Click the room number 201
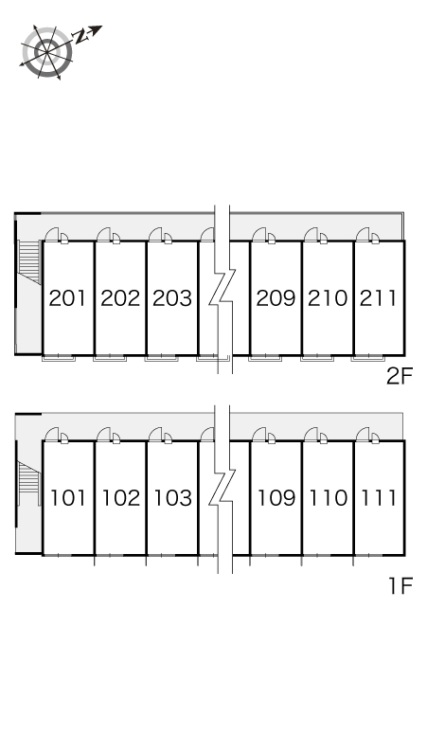point(68,298)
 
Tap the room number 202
point(120,298)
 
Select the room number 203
point(172,298)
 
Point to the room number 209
point(276,298)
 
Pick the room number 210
point(328,298)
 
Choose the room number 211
point(378,298)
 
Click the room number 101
point(68,498)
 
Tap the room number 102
point(120,498)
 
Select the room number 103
point(172,498)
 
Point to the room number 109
point(276,498)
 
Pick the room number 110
point(328,498)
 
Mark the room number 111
point(379,498)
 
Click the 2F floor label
point(400,376)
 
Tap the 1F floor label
point(400,585)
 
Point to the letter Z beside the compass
point(81,37)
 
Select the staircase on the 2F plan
point(29,261)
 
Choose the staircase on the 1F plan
point(27,482)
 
